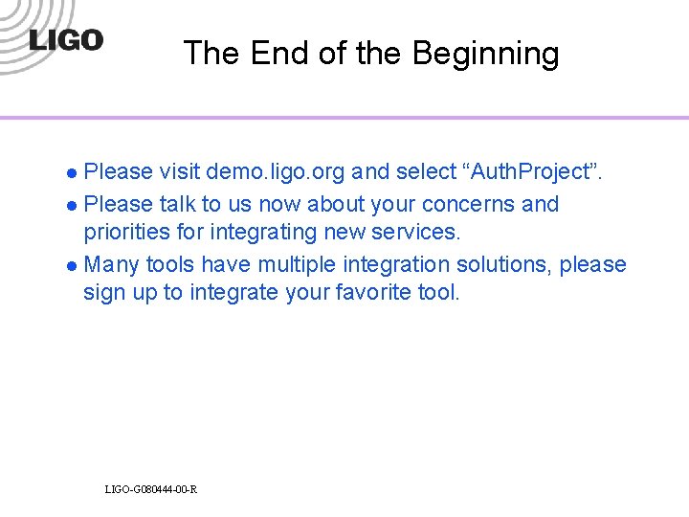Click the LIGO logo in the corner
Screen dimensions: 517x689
coord(65,40)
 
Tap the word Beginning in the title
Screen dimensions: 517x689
coord(485,55)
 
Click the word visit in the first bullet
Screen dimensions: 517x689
coord(179,172)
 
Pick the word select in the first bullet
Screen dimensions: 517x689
coord(419,172)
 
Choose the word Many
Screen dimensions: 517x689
coord(112,264)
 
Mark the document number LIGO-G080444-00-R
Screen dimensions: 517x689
coord(151,490)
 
